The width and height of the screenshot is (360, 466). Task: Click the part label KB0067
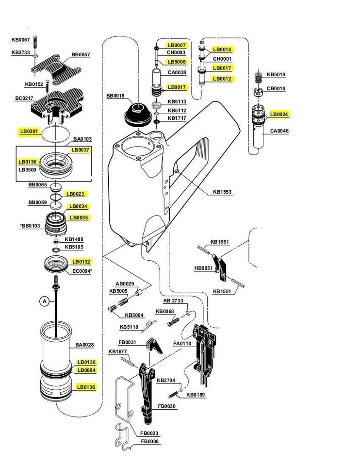coord(20,40)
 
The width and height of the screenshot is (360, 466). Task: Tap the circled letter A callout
coord(44,301)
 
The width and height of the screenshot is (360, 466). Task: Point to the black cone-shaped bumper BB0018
coord(137,115)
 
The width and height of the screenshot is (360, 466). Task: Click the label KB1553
coord(222,192)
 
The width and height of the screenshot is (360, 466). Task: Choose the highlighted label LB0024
coord(279,114)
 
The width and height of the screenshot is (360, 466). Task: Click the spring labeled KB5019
coord(259,78)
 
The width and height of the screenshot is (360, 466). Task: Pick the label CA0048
coord(279,131)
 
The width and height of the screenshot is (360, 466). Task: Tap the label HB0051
coord(203,268)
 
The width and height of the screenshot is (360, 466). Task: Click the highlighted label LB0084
coord(86,370)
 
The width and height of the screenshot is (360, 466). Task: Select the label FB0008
coord(150,442)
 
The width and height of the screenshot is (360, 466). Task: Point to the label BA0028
coord(84,345)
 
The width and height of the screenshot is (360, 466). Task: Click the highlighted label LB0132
coord(82,262)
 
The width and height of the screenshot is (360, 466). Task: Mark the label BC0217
coord(24,99)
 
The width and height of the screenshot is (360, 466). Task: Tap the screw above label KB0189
coord(173,395)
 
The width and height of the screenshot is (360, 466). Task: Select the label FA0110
coord(182,344)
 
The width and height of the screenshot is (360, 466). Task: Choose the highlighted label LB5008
coord(177,62)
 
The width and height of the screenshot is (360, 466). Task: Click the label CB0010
coord(276,88)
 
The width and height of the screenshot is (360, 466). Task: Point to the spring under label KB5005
coord(123,302)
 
